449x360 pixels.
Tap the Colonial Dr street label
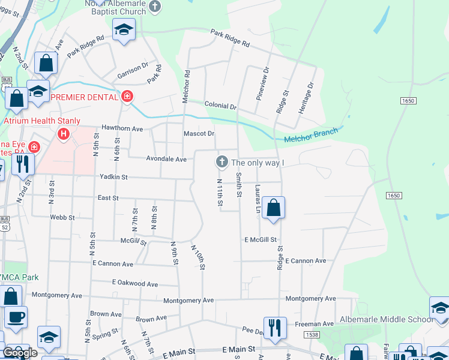220,106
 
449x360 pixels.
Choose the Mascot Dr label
199,134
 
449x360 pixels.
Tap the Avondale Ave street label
166,159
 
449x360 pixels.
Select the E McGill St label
260,239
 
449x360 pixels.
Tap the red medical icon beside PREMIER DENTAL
127,97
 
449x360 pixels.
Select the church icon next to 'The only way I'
221,162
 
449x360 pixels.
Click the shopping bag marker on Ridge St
273,208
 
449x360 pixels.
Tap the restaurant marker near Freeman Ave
275,328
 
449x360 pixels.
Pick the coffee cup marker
16,316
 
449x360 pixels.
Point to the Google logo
20,353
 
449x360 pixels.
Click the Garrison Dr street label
133,69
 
